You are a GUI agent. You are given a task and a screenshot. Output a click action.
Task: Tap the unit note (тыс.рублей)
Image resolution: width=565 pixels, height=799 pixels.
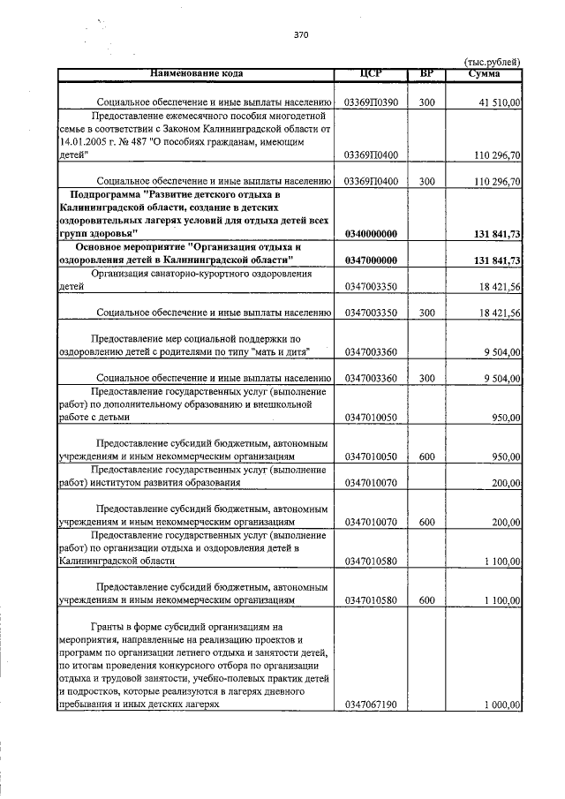click(492, 61)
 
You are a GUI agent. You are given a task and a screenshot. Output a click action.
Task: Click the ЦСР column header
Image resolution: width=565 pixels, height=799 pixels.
click(371, 72)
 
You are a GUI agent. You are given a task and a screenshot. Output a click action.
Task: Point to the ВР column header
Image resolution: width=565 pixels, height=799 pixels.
click(427, 72)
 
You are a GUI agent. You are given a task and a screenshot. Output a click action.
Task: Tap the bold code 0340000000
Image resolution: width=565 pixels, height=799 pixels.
click(371, 234)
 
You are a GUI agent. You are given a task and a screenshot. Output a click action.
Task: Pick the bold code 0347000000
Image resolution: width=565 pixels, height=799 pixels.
click(371, 260)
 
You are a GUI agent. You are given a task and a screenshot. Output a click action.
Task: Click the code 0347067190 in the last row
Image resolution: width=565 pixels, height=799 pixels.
click(371, 705)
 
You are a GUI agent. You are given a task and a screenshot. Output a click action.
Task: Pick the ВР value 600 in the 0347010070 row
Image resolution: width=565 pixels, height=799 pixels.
click(427, 522)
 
